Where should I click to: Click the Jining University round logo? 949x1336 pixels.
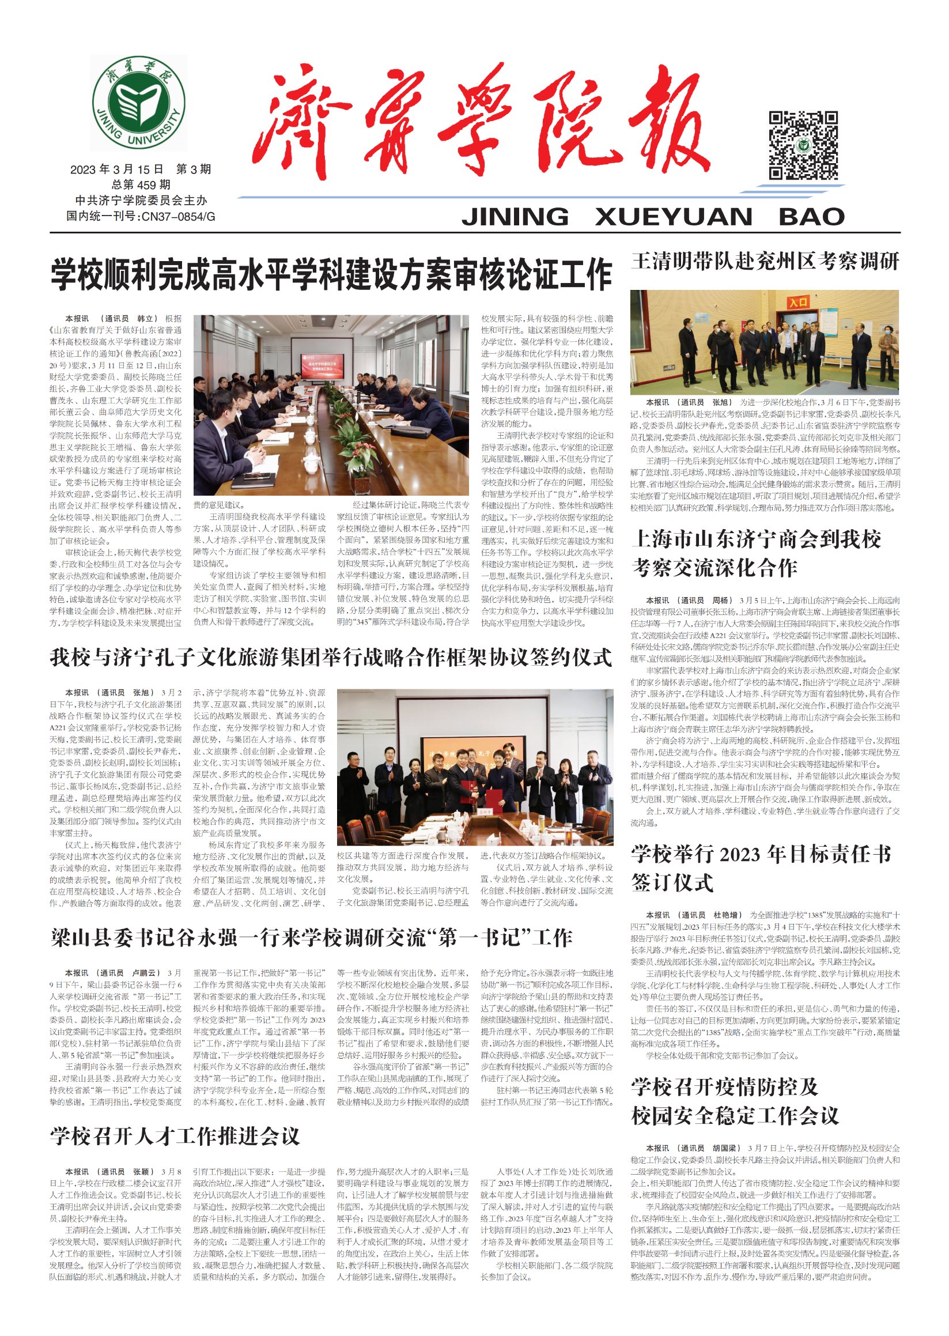coord(138,103)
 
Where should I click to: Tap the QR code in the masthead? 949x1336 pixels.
coord(802,145)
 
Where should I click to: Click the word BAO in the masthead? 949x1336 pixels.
coord(811,217)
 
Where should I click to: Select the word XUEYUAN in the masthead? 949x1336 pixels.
coord(673,217)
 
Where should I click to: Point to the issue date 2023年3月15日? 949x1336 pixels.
coord(116,169)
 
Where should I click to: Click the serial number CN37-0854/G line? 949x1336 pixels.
coord(140,216)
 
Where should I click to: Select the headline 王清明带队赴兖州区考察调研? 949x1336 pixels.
coord(765,261)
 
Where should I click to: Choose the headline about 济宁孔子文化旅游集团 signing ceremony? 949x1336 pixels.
coord(331,658)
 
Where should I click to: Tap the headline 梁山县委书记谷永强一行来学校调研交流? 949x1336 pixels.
coord(311,938)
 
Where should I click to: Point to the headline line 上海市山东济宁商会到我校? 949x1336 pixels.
coord(755,539)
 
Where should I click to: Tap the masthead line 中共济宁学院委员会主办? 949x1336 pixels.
coord(141,201)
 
